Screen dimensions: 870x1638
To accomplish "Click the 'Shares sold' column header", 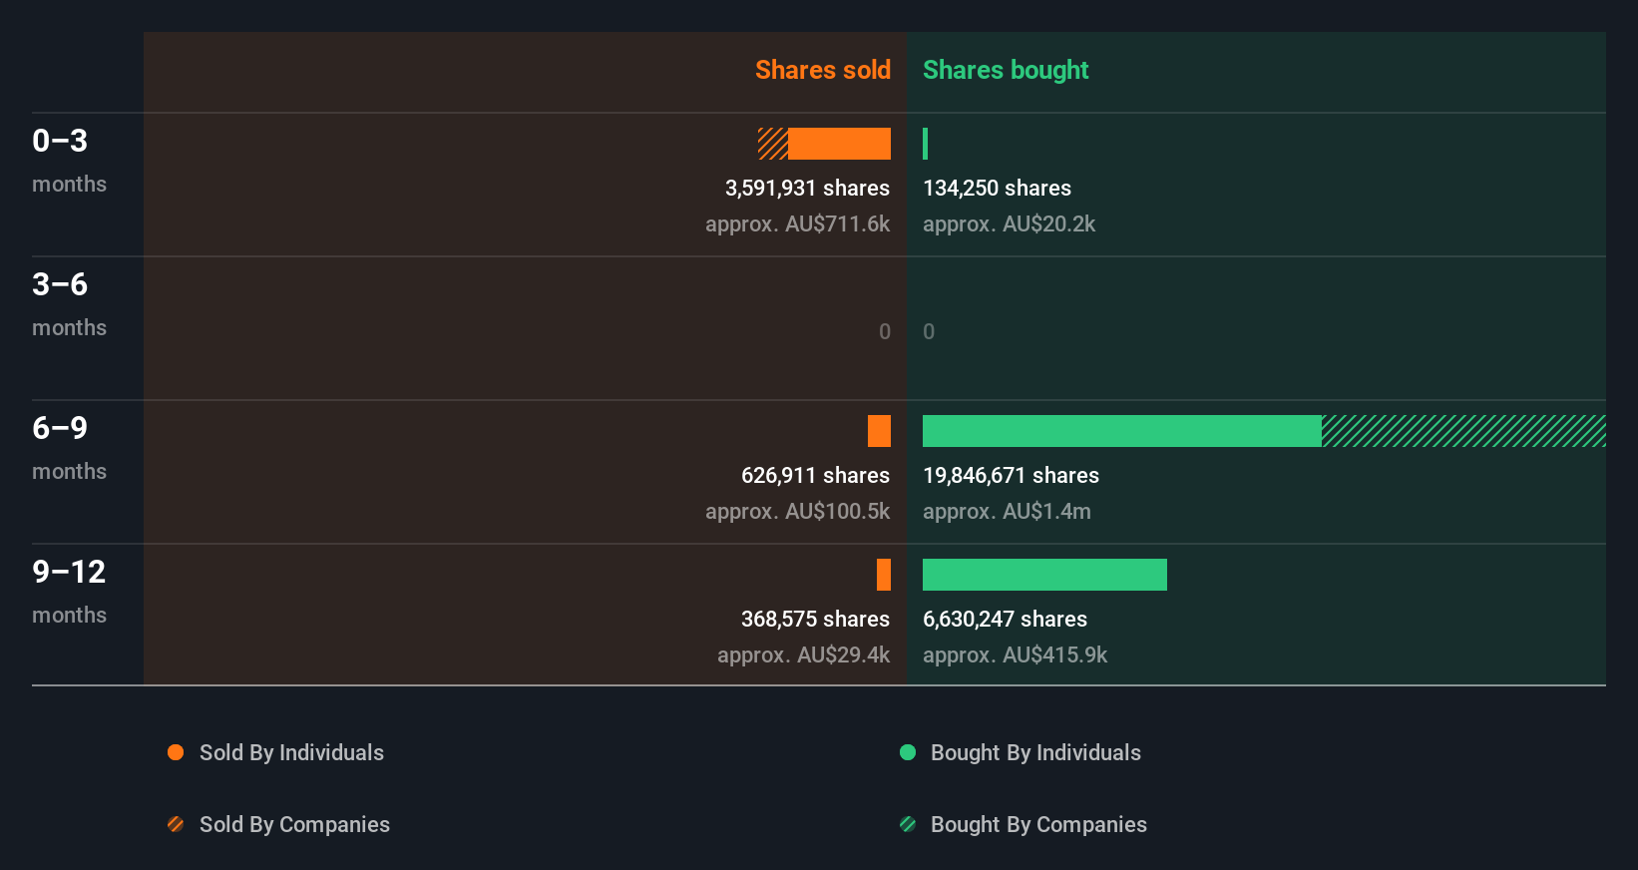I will pyautogui.click(x=822, y=70).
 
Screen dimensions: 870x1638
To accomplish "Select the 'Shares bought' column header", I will pyautogui.click(x=1005, y=70).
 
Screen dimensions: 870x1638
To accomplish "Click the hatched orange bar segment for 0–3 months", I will pyautogui.click(x=773, y=144).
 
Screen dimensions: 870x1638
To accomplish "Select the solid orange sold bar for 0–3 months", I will pyautogui.click(x=839, y=144).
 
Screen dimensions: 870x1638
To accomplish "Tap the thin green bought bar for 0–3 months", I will pyautogui.click(x=926, y=144).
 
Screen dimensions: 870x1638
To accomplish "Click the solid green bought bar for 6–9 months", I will pyautogui.click(x=1121, y=431).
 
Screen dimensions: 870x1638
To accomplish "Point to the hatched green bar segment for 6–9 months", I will pyautogui.click(x=1463, y=431).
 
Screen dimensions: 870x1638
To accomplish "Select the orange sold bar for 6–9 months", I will pyautogui.click(x=879, y=431).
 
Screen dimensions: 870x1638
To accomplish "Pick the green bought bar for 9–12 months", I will pyautogui.click(x=1044, y=575).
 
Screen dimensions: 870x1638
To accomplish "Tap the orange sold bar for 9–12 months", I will pyautogui.click(x=884, y=575).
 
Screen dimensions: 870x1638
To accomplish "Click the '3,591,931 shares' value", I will pyautogui.click(x=807, y=189).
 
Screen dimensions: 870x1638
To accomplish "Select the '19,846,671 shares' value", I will pyautogui.click(x=1011, y=476).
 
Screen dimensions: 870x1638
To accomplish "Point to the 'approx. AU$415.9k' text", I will pyautogui.click(x=1015, y=655).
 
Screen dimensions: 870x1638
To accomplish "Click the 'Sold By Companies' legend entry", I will pyautogui.click(x=293, y=824).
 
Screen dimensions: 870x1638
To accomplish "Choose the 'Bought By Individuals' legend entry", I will pyautogui.click(x=1034, y=752).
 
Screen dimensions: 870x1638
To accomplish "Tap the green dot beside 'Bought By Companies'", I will pyautogui.click(x=908, y=824).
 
